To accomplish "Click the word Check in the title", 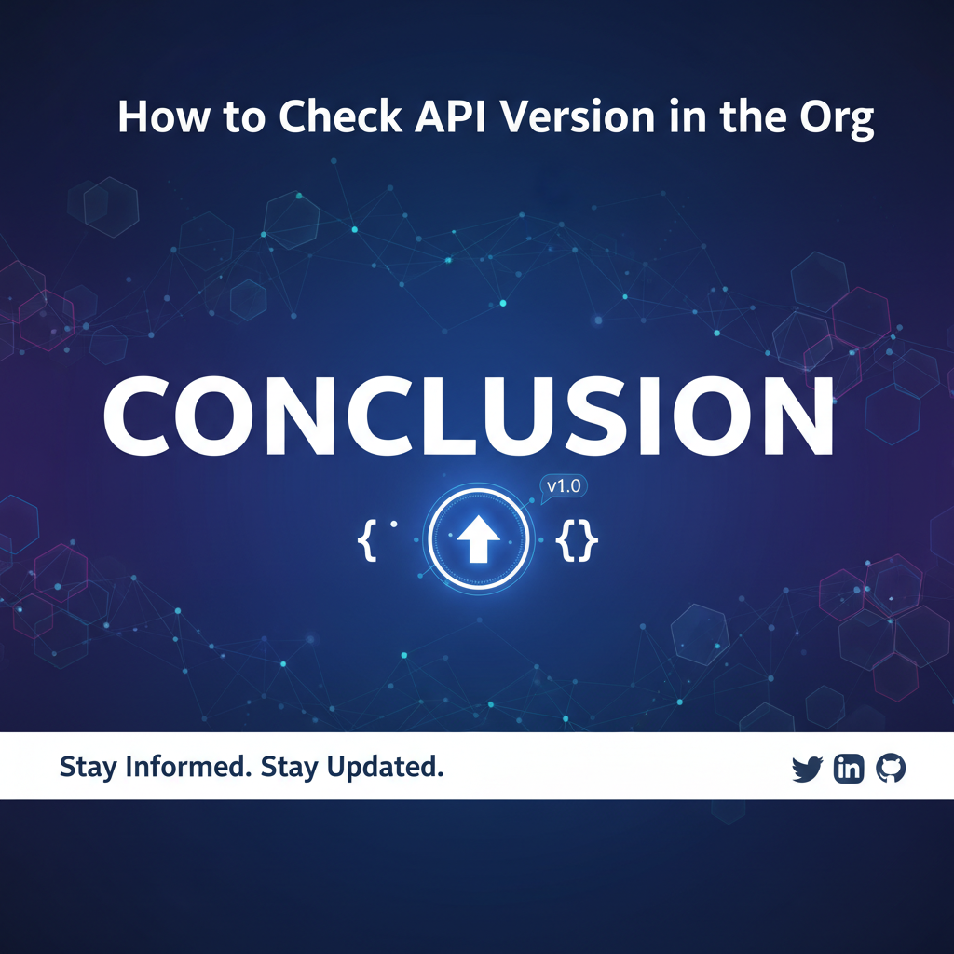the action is (340, 116).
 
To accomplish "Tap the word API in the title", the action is (450, 116).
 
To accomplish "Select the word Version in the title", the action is (577, 116).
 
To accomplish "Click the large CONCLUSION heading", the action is (469, 416).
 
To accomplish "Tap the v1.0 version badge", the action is (564, 486).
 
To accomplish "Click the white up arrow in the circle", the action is (478, 539).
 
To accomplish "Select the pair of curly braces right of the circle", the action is (577, 539).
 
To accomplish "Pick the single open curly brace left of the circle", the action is (366, 540).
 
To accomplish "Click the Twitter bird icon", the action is (808, 769).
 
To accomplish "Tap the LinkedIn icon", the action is (849, 769).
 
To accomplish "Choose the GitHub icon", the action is (891, 769).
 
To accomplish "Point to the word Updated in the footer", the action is (385, 768).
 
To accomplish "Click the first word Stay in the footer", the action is (88, 768).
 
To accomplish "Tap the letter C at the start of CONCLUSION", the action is (138, 416).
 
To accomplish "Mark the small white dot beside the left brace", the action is (394, 524).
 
